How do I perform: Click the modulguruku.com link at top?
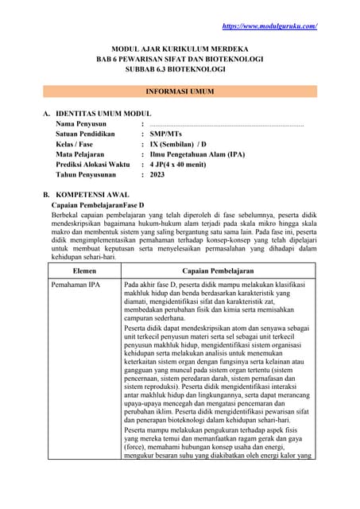coord(269,26)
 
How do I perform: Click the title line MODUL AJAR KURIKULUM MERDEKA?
coord(179,49)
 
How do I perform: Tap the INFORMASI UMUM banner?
coord(179,91)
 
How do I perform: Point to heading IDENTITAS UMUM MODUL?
coord(103,114)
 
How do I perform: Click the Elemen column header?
coord(84,271)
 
